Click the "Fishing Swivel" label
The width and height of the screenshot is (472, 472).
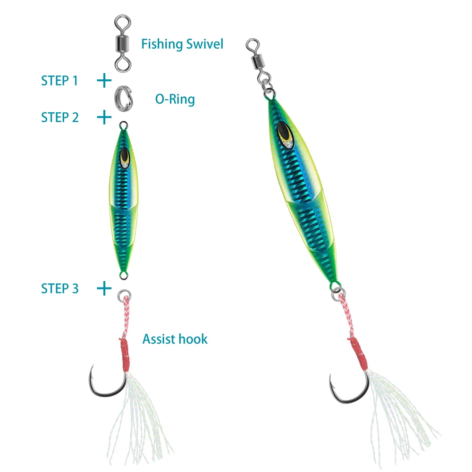pos(182,44)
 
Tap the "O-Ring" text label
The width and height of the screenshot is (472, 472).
pos(175,99)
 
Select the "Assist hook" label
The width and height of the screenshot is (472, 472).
pos(175,338)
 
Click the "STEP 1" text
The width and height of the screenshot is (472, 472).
pos(59,81)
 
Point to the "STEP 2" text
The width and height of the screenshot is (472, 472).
pos(59,117)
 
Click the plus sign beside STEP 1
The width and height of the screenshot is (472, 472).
pos(104,81)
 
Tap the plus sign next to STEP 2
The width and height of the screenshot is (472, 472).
pos(104,117)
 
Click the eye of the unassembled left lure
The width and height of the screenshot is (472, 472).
pos(125,157)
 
